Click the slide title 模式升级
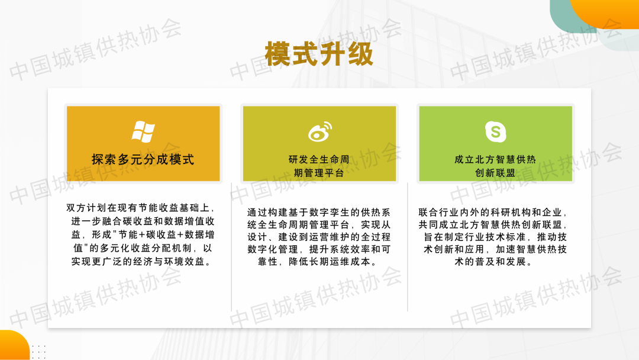(319, 54)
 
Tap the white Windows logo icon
(143, 131)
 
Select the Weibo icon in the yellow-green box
(320, 131)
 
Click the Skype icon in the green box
(496, 131)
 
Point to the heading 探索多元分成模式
(143, 159)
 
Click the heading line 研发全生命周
(319, 159)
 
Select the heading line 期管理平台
(319, 173)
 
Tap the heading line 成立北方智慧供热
(495, 159)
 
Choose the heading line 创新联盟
(495, 173)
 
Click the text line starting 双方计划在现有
(141, 208)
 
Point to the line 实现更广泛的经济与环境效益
(141, 261)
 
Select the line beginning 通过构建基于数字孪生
(319, 213)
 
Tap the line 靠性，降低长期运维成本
(319, 261)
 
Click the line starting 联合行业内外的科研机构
(493, 213)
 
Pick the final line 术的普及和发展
(493, 261)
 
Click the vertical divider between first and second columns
(231, 247)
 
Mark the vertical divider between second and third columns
(408, 247)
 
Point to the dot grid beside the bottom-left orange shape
(38, 352)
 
